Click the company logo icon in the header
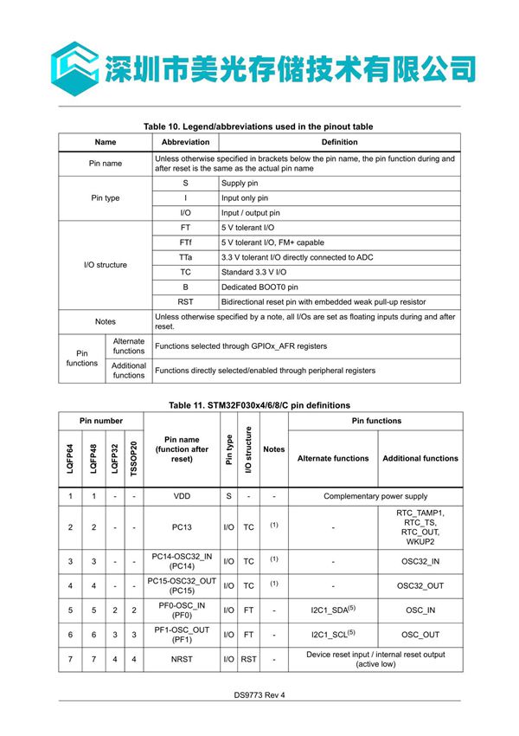(x=73, y=63)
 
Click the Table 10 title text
(x=259, y=126)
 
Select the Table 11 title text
(x=259, y=404)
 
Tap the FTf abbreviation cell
(x=185, y=242)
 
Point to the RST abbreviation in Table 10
(x=185, y=301)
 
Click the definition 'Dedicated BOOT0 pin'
(x=259, y=287)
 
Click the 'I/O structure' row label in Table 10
(x=106, y=264)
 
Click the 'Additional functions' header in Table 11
(x=420, y=458)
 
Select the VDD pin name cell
(x=182, y=497)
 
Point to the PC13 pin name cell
(x=182, y=526)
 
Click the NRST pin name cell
(x=182, y=660)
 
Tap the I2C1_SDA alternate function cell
(x=333, y=610)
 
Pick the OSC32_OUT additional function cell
(x=420, y=585)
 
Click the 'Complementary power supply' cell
(x=375, y=497)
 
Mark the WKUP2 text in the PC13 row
(x=420, y=543)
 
